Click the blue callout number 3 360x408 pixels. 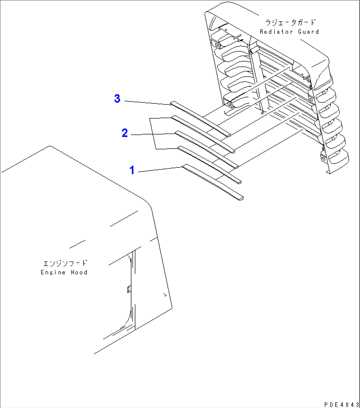coord(117,98)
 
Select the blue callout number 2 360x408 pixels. coord(125,133)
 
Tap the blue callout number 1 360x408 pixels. coord(132,170)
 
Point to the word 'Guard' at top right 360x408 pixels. coord(308,32)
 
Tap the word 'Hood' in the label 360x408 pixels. coord(79,273)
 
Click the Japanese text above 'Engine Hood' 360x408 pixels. coord(65,263)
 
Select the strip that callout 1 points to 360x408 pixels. coord(211,182)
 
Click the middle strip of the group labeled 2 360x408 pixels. coord(205,149)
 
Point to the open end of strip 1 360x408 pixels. coord(241,198)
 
